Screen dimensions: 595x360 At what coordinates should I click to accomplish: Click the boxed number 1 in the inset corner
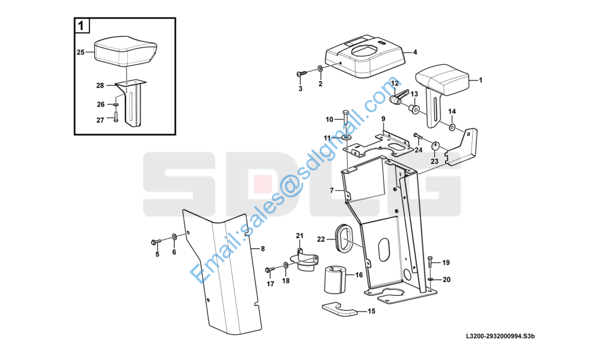pyautogui.click(x=81, y=26)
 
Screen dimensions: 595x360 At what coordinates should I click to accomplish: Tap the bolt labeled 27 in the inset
pyautogui.click(x=116, y=115)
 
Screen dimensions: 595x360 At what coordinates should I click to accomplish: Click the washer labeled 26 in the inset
pyautogui.click(x=116, y=104)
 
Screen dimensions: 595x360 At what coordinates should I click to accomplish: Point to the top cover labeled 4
pyautogui.click(x=364, y=57)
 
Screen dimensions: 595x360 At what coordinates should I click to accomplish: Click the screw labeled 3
pyautogui.click(x=302, y=73)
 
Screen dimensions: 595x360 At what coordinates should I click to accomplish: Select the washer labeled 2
pyautogui.click(x=320, y=69)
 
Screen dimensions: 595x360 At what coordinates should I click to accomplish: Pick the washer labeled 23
pyautogui.click(x=435, y=145)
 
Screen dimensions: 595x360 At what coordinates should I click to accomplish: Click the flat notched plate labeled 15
pyautogui.click(x=339, y=309)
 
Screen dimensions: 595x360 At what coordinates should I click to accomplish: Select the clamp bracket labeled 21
pyautogui.click(x=303, y=260)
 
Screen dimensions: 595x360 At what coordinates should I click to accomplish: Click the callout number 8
pyautogui.click(x=263, y=249)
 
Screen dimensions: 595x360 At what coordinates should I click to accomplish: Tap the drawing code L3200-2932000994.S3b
pyautogui.click(x=500, y=336)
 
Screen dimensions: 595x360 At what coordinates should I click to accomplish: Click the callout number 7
pyautogui.click(x=332, y=190)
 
